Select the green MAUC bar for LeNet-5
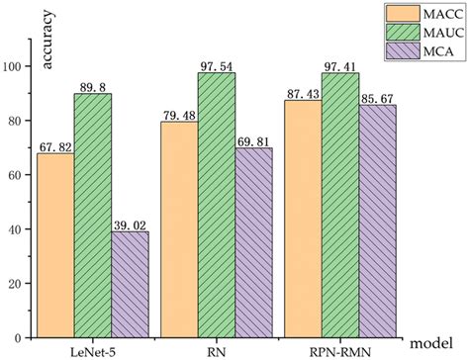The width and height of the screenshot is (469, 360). (x=92, y=217)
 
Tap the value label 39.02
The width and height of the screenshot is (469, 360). (x=129, y=223)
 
